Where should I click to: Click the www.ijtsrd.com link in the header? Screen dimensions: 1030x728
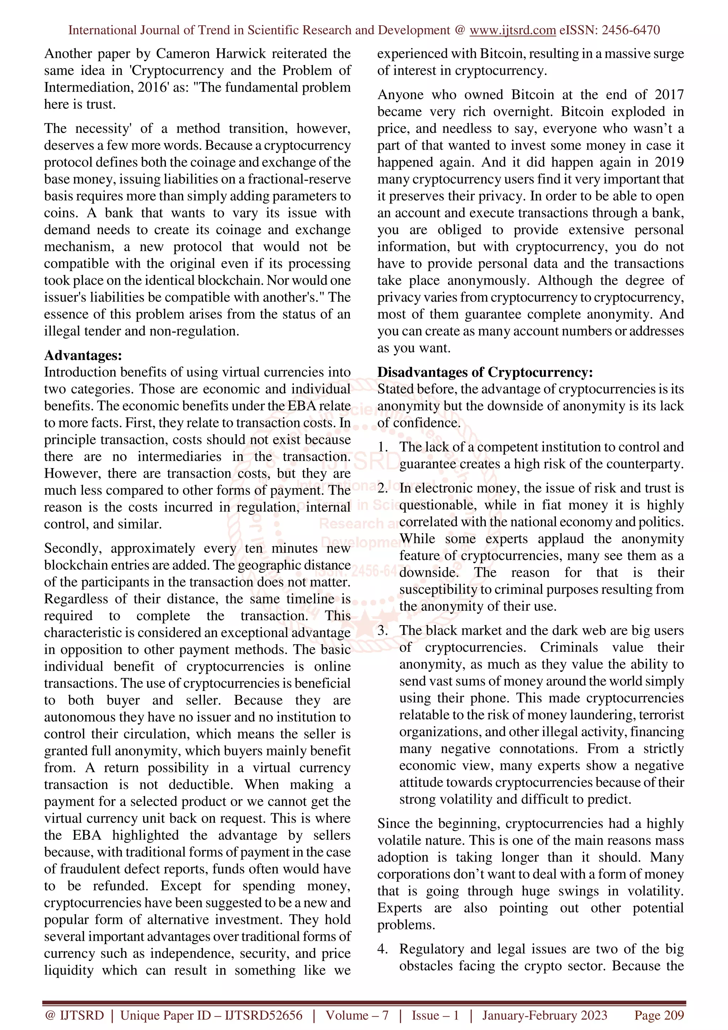(512, 30)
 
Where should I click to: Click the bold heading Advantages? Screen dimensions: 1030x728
(83, 355)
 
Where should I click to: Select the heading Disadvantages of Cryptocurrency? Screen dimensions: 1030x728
(485, 372)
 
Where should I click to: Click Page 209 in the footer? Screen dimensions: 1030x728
(658, 1015)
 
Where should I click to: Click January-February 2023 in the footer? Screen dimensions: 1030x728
(545, 1015)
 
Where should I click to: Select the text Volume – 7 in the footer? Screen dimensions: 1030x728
(357, 1015)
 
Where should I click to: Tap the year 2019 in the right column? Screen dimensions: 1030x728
(669, 162)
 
